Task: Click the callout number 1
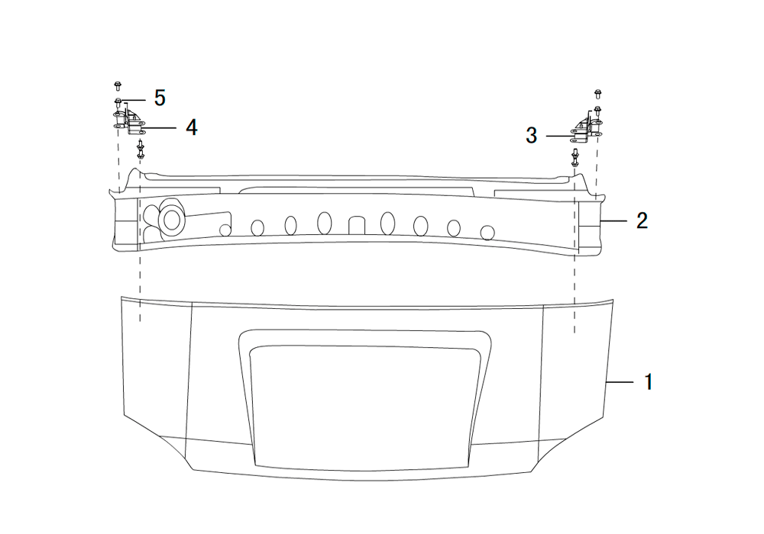[649, 381]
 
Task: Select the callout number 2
[643, 220]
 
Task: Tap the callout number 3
[532, 135]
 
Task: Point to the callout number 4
[192, 127]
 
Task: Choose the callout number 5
[160, 98]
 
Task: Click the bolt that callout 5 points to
[118, 102]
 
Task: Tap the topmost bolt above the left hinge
[118, 86]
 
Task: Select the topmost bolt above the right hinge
[598, 94]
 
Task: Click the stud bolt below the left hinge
[141, 149]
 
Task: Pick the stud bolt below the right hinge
[575, 157]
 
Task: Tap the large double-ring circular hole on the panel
[171, 220]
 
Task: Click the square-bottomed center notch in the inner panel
[357, 226]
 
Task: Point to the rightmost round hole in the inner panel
[487, 233]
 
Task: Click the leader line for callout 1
[620, 382]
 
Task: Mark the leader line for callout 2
[613, 220]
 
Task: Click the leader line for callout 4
[159, 128]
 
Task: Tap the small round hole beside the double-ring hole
[225, 230]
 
